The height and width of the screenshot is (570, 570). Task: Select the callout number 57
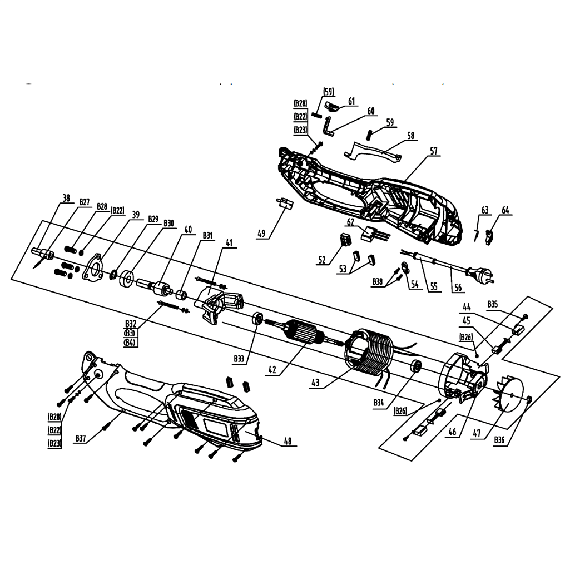click(x=434, y=151)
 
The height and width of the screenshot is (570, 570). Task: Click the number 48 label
click(x=288, y=442)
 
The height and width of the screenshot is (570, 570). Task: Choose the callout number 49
click(x=260, y=234)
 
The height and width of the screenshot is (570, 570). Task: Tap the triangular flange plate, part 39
click(x=93, y=270)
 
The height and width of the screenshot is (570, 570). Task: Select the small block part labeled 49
click(x=284, y=204)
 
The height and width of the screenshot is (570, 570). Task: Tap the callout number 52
click(x=322, y=259)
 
